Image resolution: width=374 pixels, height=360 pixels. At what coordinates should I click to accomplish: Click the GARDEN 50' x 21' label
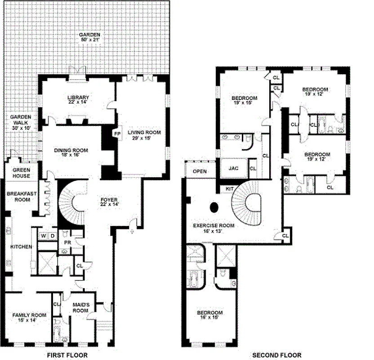coord(89,37)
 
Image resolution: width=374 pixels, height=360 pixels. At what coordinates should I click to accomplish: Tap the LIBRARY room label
coord(78,100)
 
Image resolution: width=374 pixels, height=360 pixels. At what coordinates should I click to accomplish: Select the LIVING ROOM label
coord(144,135)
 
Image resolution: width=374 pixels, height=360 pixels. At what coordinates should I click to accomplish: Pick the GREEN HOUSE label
coord(22,173)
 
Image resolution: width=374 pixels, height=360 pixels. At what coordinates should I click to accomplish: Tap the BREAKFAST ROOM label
coord(21,196)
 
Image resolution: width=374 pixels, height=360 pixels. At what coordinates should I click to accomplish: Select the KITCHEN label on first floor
coord(22,247)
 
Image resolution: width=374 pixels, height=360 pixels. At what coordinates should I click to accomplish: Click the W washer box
coord(43,235)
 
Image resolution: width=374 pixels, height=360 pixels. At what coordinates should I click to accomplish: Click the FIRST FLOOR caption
coord(67,355)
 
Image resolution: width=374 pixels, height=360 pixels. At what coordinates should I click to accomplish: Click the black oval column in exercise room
coord(214,207)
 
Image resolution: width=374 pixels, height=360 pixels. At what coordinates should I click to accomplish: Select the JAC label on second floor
coord(233,169)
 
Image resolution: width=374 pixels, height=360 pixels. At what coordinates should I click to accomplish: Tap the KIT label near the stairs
coord(229,189)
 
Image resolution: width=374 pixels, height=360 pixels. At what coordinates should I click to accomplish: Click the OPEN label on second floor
coord(200,171)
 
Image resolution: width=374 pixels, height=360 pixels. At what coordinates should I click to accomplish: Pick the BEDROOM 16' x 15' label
coord(209,315)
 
